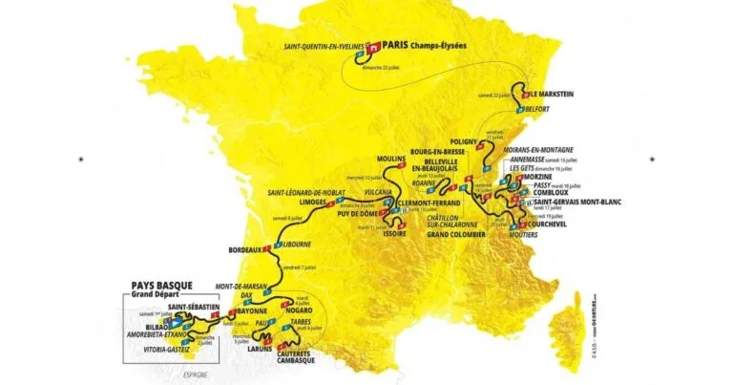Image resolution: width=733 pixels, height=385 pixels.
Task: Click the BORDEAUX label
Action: tap(245, 250)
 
